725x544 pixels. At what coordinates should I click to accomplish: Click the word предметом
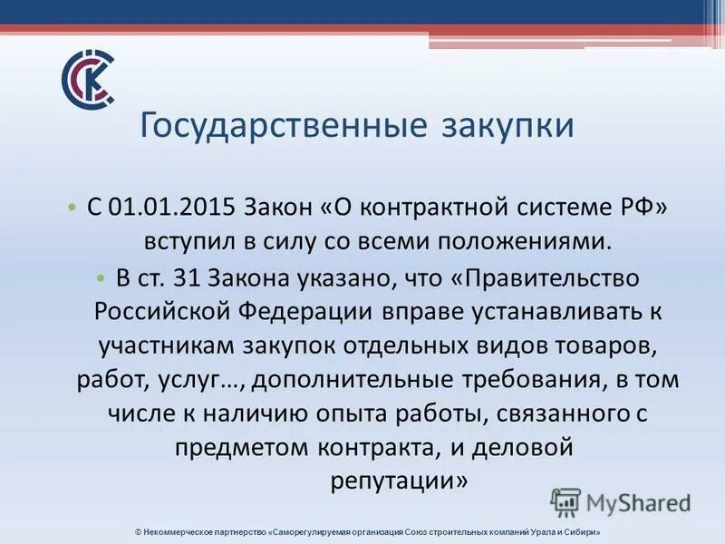tap(237, 447)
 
